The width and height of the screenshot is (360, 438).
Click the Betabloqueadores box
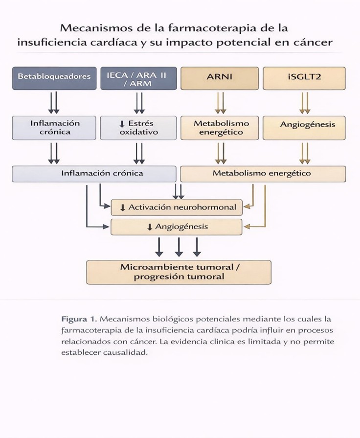coord(54,77)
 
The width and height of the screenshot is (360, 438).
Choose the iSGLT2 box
coord(304,77)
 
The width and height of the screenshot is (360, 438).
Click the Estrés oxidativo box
coord(139,128)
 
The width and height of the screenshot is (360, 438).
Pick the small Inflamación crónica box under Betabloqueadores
coord(54,128)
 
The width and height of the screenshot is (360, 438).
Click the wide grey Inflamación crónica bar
coord(94,173)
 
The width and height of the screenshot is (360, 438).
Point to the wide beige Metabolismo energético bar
coord(263,173)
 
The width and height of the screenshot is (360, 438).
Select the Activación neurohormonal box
coord(177,207)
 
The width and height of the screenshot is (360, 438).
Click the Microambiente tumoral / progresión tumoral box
coord(179,272)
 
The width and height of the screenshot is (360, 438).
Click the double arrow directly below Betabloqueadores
coord(54,103)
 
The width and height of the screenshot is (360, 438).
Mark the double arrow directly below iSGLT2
coord(305,103)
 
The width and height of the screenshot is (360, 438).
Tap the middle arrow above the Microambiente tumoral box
coord(179,247)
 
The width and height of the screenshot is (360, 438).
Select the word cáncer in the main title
coord(314,42)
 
